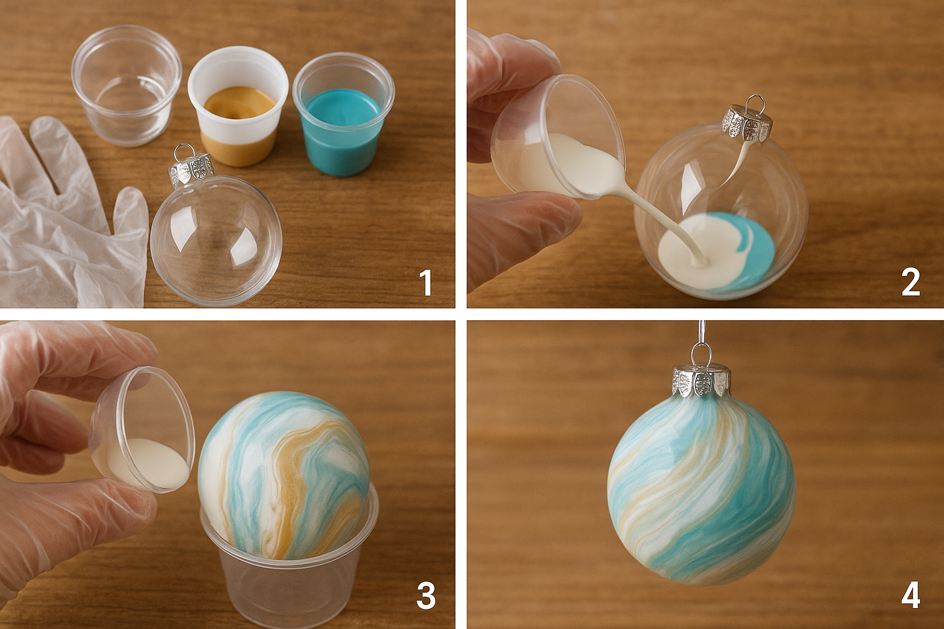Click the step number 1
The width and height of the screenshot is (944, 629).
(425, 283)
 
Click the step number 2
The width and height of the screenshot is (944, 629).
(910, 283)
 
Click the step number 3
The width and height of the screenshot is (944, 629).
(425, 595)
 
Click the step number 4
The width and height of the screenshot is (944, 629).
(910, 595)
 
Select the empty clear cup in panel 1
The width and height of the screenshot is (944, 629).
(127, 85)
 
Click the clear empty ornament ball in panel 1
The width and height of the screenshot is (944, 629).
(215, 240)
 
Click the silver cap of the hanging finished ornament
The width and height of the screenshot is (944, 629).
(701, 381)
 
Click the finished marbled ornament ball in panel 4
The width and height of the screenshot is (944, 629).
(701, 491)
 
